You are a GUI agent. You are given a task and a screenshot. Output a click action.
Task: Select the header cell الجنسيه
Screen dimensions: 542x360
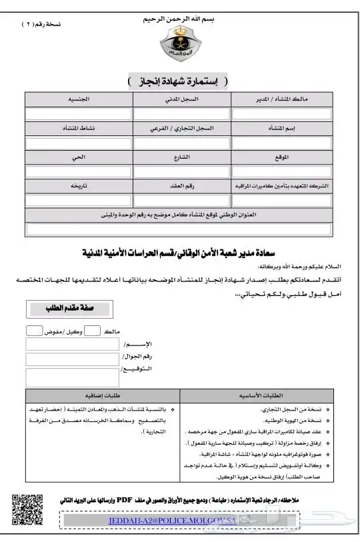[x=79, y=99]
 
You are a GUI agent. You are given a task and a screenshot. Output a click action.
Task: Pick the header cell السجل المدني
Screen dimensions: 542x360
[x=181, y=99]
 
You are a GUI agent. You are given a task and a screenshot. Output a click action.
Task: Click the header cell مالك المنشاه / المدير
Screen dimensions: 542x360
[x=283, y=99]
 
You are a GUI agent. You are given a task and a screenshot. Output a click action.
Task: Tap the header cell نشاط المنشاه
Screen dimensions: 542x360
[x=79, y=127]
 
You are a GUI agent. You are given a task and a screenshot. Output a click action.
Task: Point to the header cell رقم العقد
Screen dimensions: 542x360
[x=181, y=187]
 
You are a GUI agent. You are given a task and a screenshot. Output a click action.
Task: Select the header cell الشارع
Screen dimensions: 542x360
[x=181, y=157]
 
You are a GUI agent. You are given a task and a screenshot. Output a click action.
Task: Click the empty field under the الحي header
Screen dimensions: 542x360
[x=79, y=172]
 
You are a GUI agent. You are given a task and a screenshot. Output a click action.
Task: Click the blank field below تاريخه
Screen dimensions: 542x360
[x=79, y=201]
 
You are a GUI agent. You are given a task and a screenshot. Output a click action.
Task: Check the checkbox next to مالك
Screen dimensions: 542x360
[x=93, y=331]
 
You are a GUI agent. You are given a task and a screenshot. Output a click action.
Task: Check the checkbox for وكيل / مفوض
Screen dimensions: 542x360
[x=34, y=331]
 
